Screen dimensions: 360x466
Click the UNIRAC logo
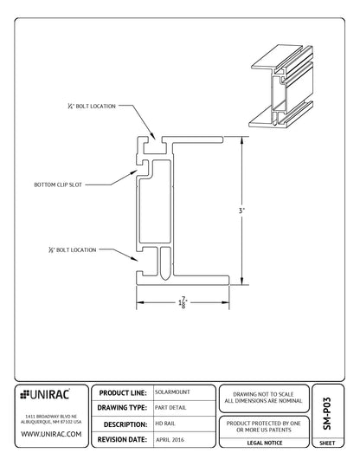(x=48, y=394)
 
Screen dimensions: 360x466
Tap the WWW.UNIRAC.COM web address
(x=50, y=433)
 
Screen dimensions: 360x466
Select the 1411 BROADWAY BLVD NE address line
(x=49, y=412)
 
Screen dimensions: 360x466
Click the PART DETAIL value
(x=170, y=408)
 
